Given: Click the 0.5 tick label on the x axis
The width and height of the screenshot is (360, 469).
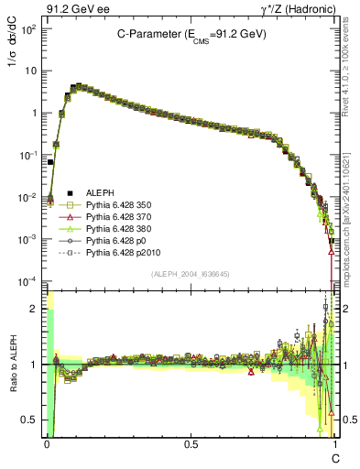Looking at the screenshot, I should pyautogui.click(x=191, y=443).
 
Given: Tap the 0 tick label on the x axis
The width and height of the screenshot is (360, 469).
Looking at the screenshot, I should pyautogui.click(x=47, y=443).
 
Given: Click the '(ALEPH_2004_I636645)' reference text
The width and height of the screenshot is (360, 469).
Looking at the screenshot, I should pyautogui.click(x=190, y=274).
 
